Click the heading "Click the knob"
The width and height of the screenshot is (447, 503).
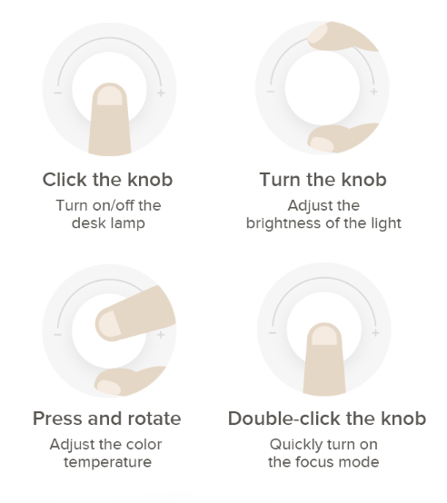click(x=108, y=180)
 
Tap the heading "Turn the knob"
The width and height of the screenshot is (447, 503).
click(x=323, y=180)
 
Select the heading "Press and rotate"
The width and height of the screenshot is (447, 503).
click(x=107, y=419)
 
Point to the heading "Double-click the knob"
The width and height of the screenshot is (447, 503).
click(x=327, y=419)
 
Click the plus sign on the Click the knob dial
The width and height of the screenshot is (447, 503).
click(x=161, y=93)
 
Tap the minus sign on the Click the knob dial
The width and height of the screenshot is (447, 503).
click(x=58, y=93)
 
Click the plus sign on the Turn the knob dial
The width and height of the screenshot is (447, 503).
click(x=373, y=92)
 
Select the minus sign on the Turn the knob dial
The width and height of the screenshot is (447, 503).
click(x=271, y=92)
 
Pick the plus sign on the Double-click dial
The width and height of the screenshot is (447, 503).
click(x=375, y=333)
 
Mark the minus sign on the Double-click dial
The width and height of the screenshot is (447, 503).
click(x=273, y=333)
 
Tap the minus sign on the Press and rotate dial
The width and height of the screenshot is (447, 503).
click(x=58, y=335)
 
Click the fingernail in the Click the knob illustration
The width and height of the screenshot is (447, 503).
click(x=109, y=96)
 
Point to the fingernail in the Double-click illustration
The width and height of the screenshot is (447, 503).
click(x=324, y=337)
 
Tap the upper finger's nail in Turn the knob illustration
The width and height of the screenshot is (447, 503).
click(x=318, y=34)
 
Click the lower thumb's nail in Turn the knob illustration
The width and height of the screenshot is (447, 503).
click(x=322, y=143)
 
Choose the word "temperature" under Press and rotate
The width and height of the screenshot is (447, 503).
click(x=107, y=462)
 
